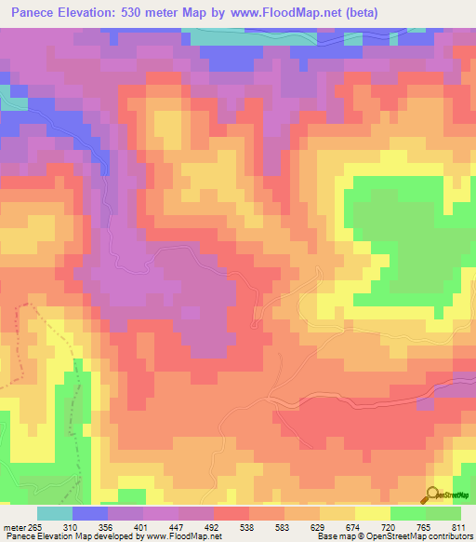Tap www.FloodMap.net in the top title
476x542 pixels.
293,12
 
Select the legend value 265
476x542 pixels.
37,527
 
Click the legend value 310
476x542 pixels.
91,527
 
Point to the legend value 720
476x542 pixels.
408,527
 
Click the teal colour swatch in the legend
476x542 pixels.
55,513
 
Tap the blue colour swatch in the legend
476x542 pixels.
90,513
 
